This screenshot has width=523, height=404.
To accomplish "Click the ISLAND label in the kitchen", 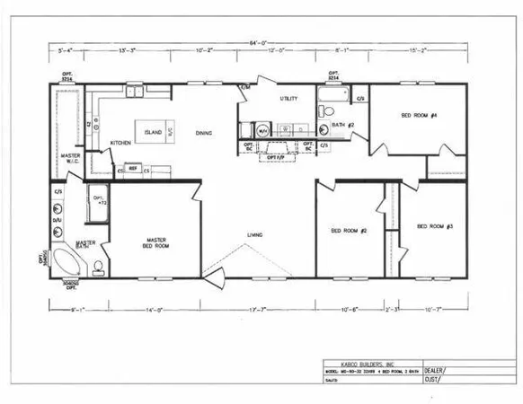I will pos(154,132).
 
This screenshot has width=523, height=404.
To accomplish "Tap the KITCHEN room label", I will pos(121,143).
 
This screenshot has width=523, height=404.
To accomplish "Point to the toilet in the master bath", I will pos(99,266).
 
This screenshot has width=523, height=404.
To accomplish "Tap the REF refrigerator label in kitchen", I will pos(132,168).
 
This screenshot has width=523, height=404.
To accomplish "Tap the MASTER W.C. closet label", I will pos(71,158).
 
